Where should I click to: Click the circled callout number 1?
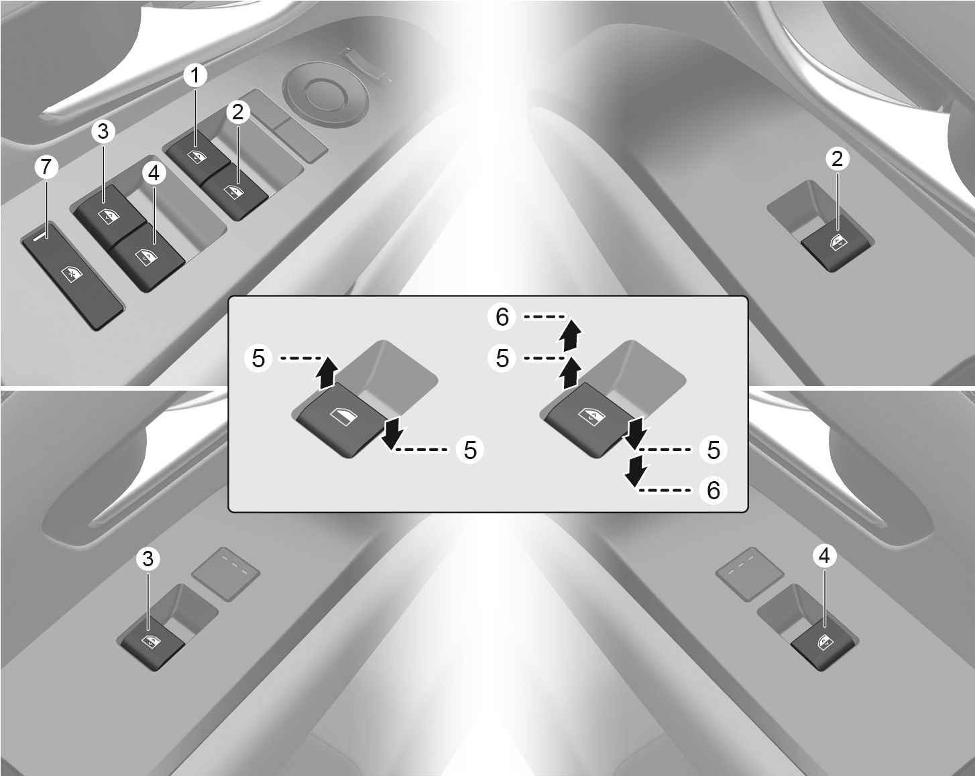pyautogui.click(x=195, y=75)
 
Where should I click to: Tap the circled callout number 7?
pyautogui.click(x=46, y=167)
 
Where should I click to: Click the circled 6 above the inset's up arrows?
pyautogui.click(x=502, y=316)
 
